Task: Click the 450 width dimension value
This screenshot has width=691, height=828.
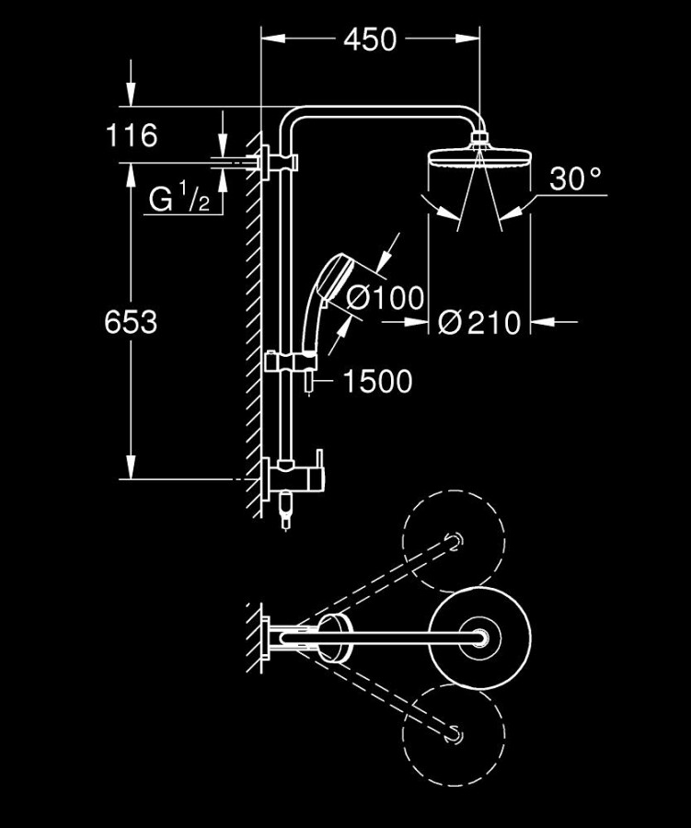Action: (370, 40)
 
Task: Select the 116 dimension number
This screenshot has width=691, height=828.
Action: (132, 136)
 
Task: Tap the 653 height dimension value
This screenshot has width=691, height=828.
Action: (131, 322)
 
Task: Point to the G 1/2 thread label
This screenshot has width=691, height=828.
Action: (185, 199)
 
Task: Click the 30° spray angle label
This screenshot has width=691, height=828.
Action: (575, 179)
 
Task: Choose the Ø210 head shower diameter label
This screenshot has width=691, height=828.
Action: (479, 322)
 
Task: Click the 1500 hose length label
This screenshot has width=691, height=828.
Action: (377, 381)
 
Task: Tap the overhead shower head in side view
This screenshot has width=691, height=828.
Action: (478, 158)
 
